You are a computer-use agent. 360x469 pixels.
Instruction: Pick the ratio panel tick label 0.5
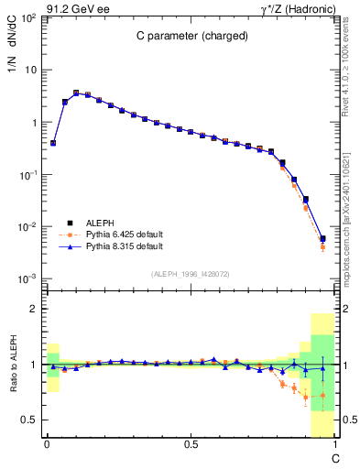click(x=30, y=420)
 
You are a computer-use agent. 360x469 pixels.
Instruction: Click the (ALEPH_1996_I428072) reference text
click(x=191, y=274)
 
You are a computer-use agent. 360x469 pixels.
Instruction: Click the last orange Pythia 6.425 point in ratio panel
click(x=322, y=396)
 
